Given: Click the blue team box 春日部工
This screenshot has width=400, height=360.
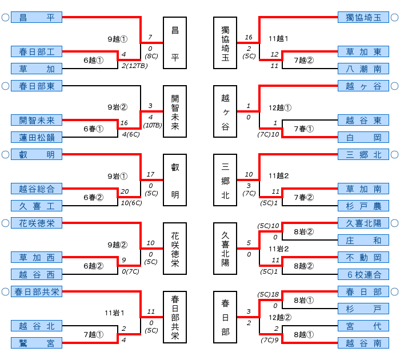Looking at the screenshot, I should pos(37,51).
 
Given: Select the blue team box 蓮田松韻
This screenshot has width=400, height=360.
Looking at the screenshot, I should pos(37,137).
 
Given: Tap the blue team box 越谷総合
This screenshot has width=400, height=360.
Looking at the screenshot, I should pos(37,189).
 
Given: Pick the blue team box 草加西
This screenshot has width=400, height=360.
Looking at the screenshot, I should pos(37,257).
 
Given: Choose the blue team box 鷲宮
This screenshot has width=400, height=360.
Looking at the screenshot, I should pos(37,343).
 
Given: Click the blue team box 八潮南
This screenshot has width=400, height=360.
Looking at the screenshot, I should pos(363,69).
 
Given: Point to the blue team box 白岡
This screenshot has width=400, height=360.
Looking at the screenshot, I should pos(363,137).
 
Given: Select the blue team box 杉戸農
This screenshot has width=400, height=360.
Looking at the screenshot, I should pos(363,206).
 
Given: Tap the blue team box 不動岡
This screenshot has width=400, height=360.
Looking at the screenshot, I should pos(363,257).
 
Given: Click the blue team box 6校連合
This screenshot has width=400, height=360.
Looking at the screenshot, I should pos(363,274).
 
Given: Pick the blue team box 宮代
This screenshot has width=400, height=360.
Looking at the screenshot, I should pos(363,326).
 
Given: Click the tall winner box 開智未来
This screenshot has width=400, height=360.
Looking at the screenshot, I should pos(175,111).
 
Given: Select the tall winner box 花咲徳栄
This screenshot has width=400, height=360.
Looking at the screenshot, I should pos(175,249).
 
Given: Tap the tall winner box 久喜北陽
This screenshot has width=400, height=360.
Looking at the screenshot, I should pos(225,249).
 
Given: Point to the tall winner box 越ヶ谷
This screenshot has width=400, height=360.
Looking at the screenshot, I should pos(225,111).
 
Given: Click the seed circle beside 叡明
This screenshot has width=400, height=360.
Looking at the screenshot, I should pos(5,154).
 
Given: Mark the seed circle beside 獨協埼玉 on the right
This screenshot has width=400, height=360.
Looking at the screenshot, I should pos(395,17).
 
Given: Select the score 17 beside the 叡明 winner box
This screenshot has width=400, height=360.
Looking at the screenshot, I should pos(150,175).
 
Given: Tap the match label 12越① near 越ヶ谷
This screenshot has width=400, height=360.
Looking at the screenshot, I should pos(280,107).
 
